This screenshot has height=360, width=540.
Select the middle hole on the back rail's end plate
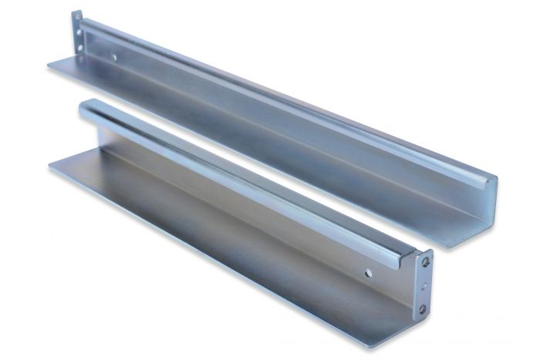[x=79, y=36]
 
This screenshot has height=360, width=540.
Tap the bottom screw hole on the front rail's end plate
[x=423, y=308]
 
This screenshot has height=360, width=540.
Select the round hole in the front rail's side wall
[x=370, y=272]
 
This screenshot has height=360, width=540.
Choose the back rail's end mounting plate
[x=79, y=35]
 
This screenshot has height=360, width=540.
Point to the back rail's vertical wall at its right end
[x=478, y=208]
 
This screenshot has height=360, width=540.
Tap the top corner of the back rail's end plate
[x=76, y=12]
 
